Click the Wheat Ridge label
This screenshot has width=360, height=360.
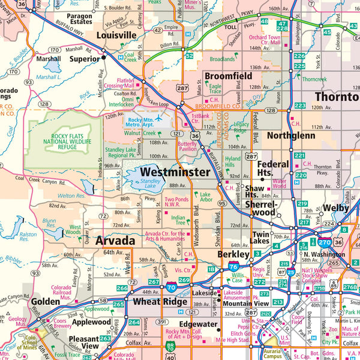[160, 302]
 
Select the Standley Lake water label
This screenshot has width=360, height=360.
[142, 182]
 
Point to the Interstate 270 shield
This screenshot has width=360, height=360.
[325, 242]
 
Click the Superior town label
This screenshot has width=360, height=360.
[85, 59]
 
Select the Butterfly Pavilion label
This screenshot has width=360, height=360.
[188, 148]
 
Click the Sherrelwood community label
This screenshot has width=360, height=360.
[260, 208]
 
